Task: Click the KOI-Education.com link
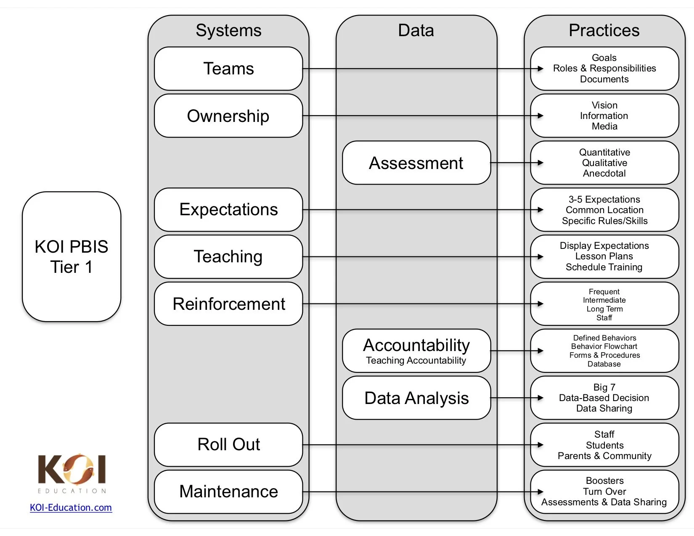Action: pyautogui.click(x=71, y=507)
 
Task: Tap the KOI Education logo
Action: pyautogui.click(x=72, y=473)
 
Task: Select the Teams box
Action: pyautogui.click(x=228, y=69)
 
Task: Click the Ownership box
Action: pyautogui.click(x=228, y=116)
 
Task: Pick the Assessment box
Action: pyautogui.click(x=416, y=163)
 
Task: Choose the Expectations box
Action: pyautogui.click(x=228, y=210)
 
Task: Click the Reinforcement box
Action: pyautogui.click(x=228, y=304)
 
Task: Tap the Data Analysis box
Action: pyautogui.click(x=416, y=398)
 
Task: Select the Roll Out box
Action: pyautogui.click(x=228, y=445)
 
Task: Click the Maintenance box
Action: pyautogui.click(x=228, y=492)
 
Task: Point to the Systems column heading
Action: pyautogui.click(x=228, y=30)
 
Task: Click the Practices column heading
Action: pyautogui.click(x=604, y=30)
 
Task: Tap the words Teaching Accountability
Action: pyautogui.click(x=416, y=361)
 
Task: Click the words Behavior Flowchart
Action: pyautogui.click(x=604, y=346)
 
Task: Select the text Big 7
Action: pyautogui.click(x=604, y=387)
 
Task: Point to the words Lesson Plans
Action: pyautogui.click(x=604, y=256)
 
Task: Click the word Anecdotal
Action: pyautogui.click(x=604, y=174)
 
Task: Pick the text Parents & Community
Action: pyautogui.click(x=604, y=456)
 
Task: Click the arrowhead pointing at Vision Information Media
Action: pyautogui.click(x=540, y=116)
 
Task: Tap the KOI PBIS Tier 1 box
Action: pyautogui.click(x=72, y=256)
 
